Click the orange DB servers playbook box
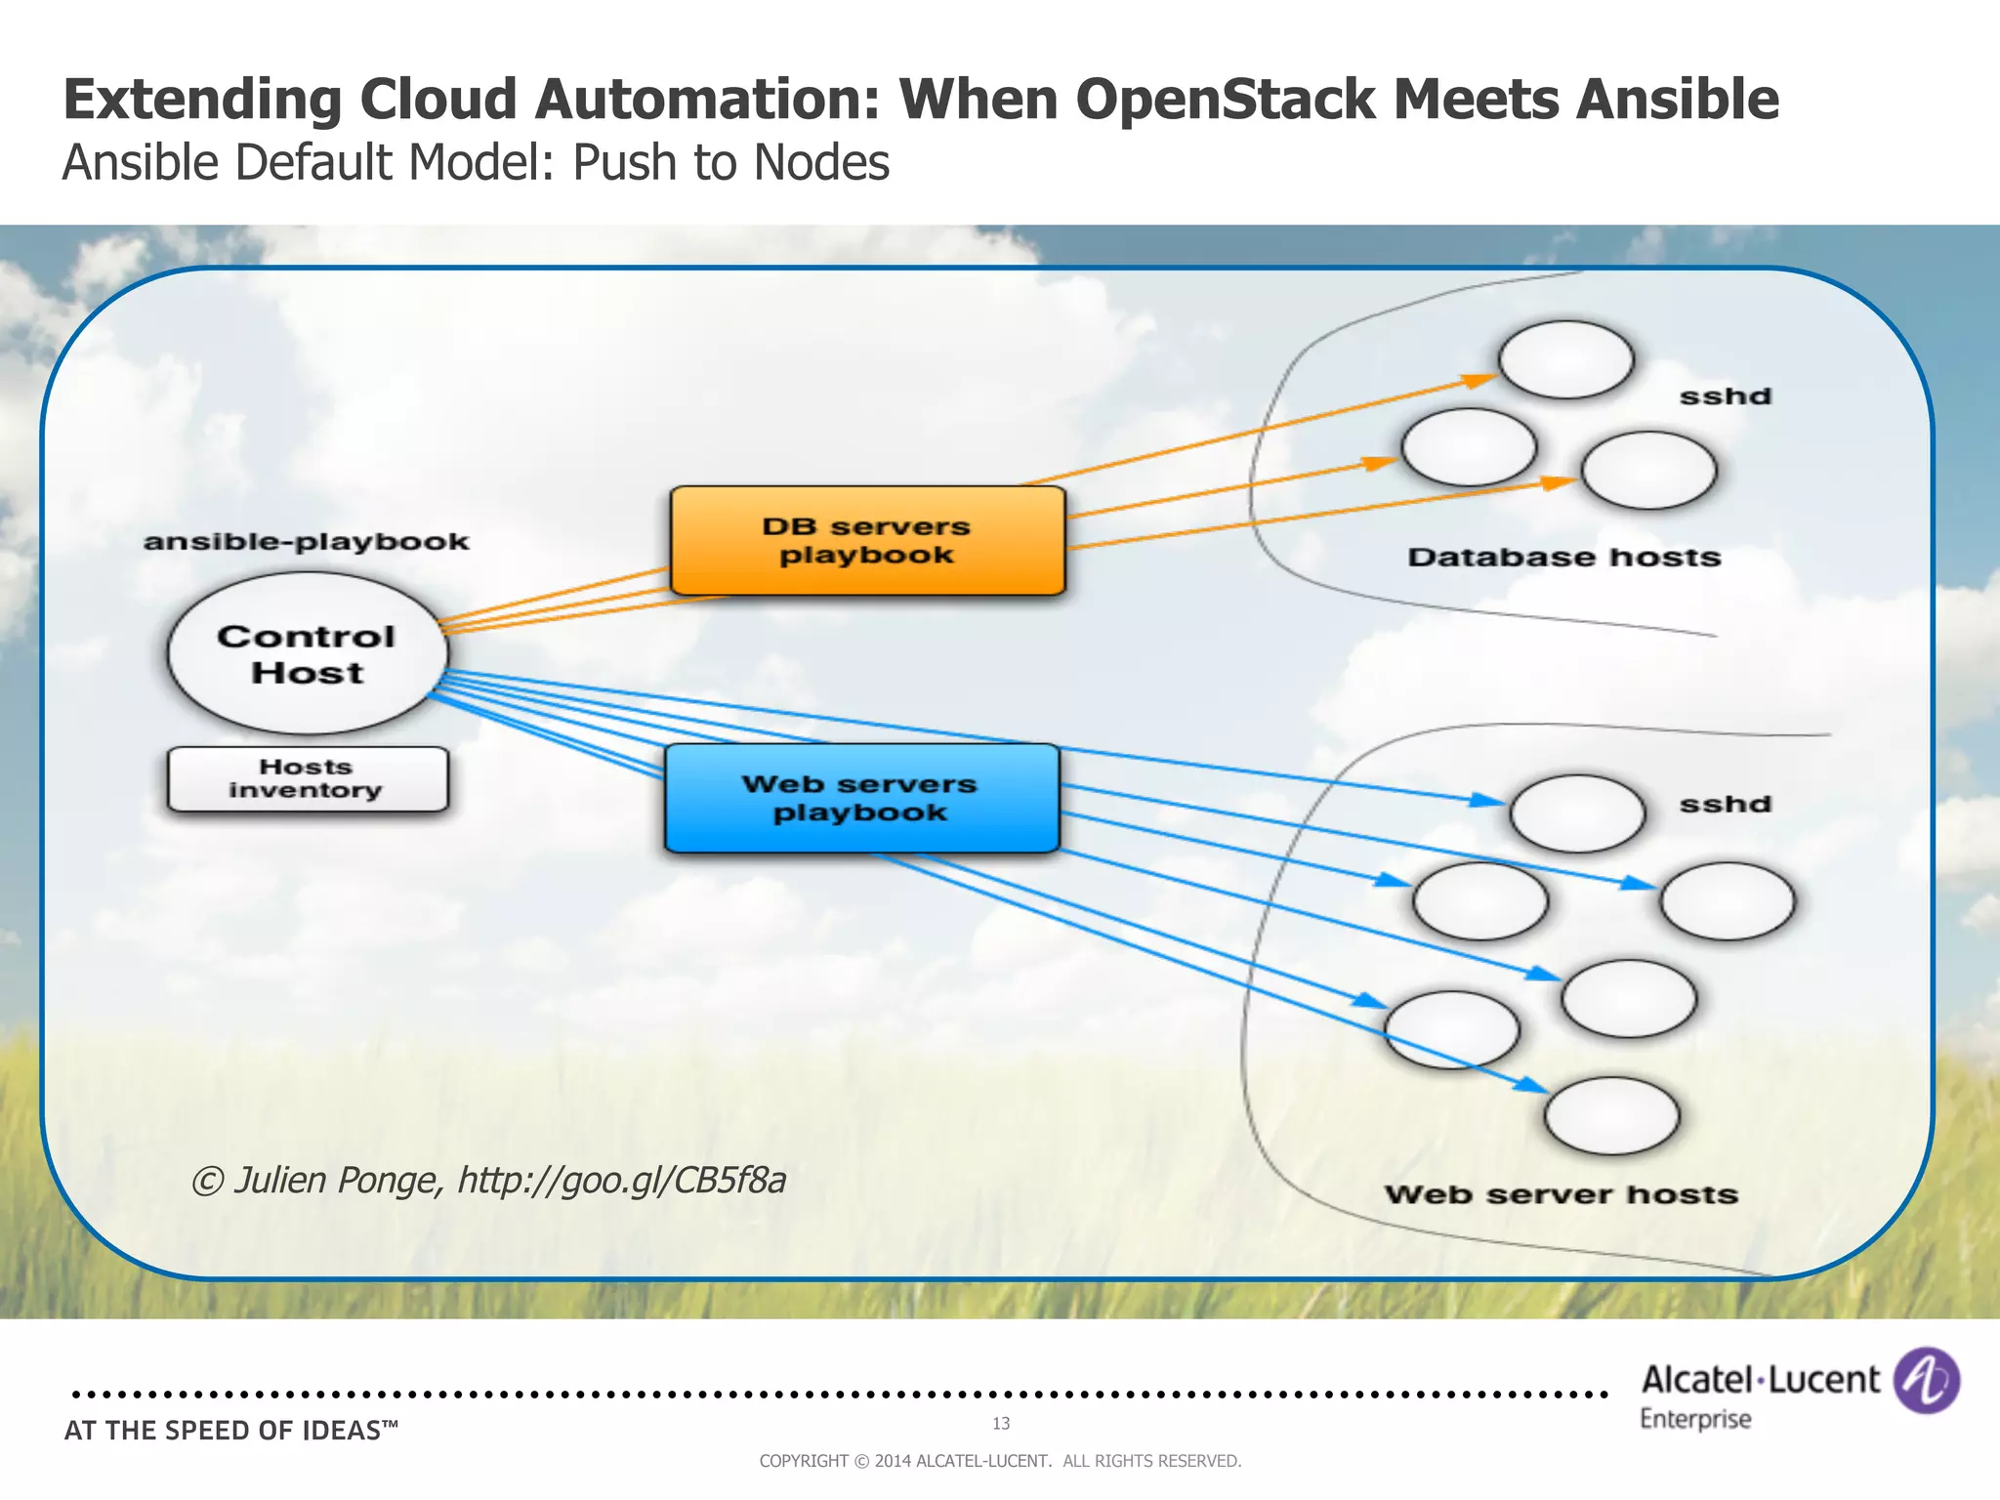point(867,540)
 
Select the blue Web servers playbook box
point(861,798)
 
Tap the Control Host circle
point(307,653)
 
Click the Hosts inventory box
point(307,779)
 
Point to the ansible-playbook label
point(306,541)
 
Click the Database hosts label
point(1563,558)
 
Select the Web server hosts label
point(1561,1194)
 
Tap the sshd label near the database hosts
point(1725,396)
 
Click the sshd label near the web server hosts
point(1725,805)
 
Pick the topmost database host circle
point(1565,360)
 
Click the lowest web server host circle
point(1611,1116)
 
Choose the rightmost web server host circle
point(1727,901)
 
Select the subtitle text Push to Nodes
point(730,163)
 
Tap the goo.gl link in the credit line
point(622,1181)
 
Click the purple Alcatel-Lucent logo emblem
point(1925,1381)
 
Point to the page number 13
point(1000,1424)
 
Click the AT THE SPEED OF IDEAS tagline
point(230,1431)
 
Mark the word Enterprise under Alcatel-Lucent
point(1694,1419)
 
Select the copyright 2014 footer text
point(1000,1461)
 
